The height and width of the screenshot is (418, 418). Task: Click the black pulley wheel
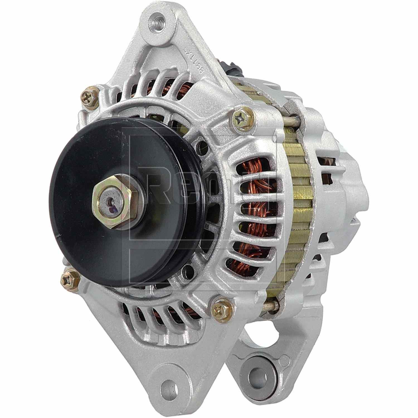point(84,229)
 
